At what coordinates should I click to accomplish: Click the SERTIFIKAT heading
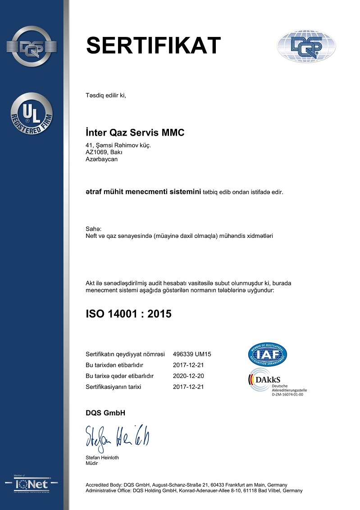[153, 45]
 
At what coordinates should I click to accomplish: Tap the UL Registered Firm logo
[31, 113]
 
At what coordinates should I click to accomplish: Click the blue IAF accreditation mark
[268, 355]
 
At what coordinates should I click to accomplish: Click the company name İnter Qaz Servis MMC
[135, 132]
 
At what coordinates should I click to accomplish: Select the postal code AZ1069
[96, 152]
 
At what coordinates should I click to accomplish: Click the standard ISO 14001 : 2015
[128, 314]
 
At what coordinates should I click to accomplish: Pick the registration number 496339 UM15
[192, 354]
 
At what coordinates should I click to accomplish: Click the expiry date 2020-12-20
[188, 376]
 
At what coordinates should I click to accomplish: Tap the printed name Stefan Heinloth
[102, 458]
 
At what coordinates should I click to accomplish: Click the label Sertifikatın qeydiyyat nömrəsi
[125, 354]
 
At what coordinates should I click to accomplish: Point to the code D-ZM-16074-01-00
[287, 395]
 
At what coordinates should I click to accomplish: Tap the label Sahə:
[93, 229]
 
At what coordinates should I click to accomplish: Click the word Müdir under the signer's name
[91, 463]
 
